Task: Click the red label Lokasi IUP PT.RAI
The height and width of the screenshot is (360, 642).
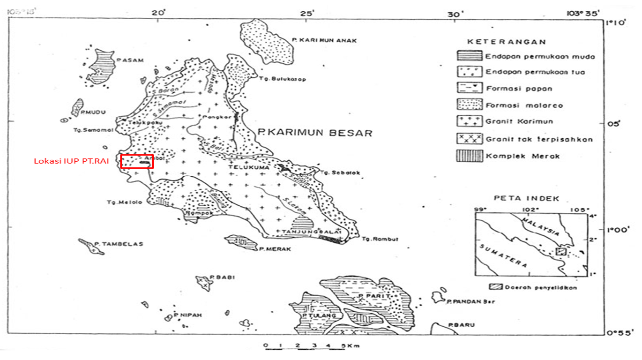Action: (x=71, y=161)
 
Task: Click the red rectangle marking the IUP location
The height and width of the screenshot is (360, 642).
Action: (x=137, y=161)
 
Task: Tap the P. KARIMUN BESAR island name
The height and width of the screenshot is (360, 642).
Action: (x=315, y=133)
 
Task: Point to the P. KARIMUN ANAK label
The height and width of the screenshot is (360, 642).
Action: (x=324, y=40)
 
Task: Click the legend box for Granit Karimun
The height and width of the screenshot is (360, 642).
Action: (x=469, y=121)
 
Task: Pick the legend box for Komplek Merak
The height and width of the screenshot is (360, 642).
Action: (x=469, y=156)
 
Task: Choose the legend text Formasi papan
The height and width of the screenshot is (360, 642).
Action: (x=519, y=89)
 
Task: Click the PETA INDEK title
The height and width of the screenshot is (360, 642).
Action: (x=526, y=198)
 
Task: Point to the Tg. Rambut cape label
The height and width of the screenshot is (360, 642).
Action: (x=380, y=239)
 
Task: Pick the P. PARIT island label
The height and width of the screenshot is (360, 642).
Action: (x=368, y=296)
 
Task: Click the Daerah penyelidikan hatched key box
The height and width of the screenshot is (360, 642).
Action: (x=495, y=287)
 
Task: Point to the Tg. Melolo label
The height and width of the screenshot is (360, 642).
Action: (x=118, y=202)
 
